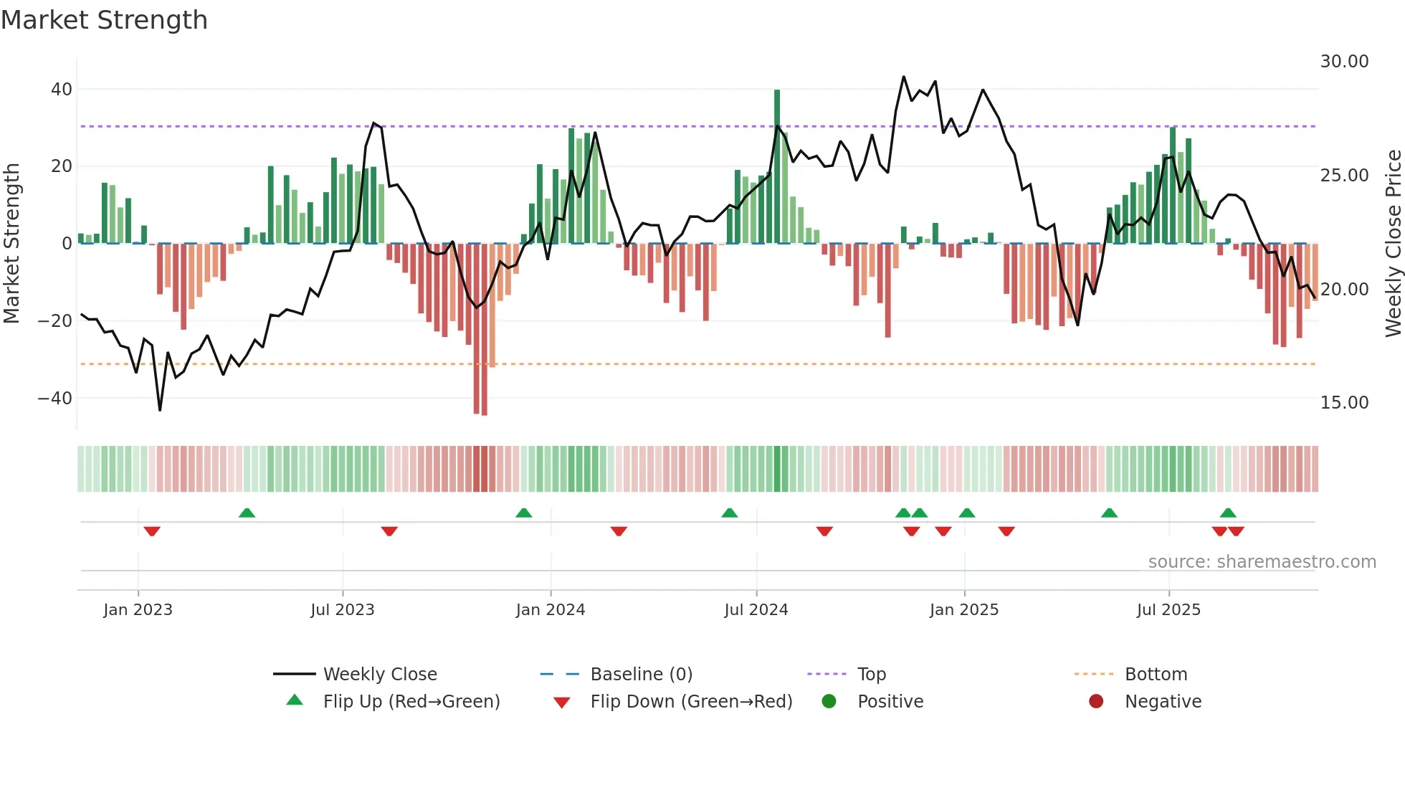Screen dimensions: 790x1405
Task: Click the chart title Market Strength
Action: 104,20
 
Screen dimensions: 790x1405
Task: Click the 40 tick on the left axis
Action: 62,90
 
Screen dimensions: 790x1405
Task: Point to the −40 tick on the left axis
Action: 56,398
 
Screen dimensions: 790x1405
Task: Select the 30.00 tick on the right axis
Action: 1344,62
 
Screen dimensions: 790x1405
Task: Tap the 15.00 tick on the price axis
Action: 1344,403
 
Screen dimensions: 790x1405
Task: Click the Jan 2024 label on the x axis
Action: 550,610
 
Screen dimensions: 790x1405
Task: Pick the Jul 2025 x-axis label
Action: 1168,610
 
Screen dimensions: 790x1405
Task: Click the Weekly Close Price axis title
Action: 1393,244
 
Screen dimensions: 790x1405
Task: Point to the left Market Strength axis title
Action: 11,244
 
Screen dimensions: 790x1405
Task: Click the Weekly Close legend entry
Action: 379,675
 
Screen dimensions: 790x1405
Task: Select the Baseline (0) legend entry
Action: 641,675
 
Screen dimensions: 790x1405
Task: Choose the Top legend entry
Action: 871,675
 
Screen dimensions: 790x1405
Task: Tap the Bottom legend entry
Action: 1156,675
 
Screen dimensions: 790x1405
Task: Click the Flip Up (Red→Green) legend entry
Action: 411,702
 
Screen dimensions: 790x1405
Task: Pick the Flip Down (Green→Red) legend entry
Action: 691,702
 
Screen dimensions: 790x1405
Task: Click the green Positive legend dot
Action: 829,702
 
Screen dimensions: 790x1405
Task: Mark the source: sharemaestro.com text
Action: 1262,562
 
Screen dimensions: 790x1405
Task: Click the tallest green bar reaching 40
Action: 777,165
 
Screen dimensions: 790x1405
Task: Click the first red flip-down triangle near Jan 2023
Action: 151,531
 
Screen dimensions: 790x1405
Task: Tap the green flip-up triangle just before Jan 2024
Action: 523,513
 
